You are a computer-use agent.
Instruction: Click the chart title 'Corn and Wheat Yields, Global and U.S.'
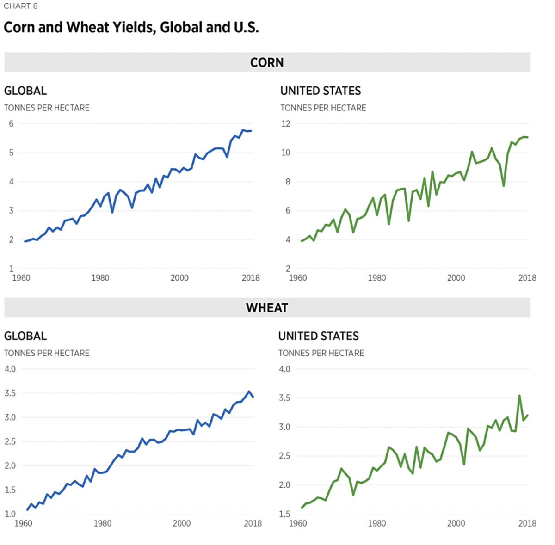(131, 27)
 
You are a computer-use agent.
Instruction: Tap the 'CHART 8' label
(21, 6)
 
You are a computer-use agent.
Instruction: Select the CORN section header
(267, 62)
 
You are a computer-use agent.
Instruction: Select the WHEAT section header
(267, 308)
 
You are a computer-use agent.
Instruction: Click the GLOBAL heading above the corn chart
(25, 91)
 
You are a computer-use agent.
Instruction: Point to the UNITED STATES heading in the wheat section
(318, 336)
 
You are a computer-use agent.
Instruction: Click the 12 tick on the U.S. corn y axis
(286, 124)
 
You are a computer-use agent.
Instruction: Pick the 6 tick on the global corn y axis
(11, 124)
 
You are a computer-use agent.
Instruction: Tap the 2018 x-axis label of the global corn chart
(251, 278)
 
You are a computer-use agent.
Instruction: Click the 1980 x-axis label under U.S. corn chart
(376, 278)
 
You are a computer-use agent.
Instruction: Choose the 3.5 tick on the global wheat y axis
(10, 393)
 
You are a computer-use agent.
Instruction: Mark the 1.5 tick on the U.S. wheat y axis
(284, 514)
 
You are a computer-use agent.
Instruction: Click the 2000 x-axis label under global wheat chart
(181, 523)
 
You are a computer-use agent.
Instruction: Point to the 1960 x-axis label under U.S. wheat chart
(297, 523)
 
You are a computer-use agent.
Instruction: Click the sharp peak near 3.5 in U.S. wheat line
(519, 396)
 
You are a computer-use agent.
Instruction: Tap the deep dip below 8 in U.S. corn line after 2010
(504, 186)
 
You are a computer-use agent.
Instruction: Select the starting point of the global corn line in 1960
(25, 241)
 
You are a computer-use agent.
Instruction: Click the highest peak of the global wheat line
(249, 392)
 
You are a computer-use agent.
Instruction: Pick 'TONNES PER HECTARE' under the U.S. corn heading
(323, 108)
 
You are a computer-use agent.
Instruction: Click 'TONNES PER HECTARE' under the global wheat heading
(47, 353)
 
